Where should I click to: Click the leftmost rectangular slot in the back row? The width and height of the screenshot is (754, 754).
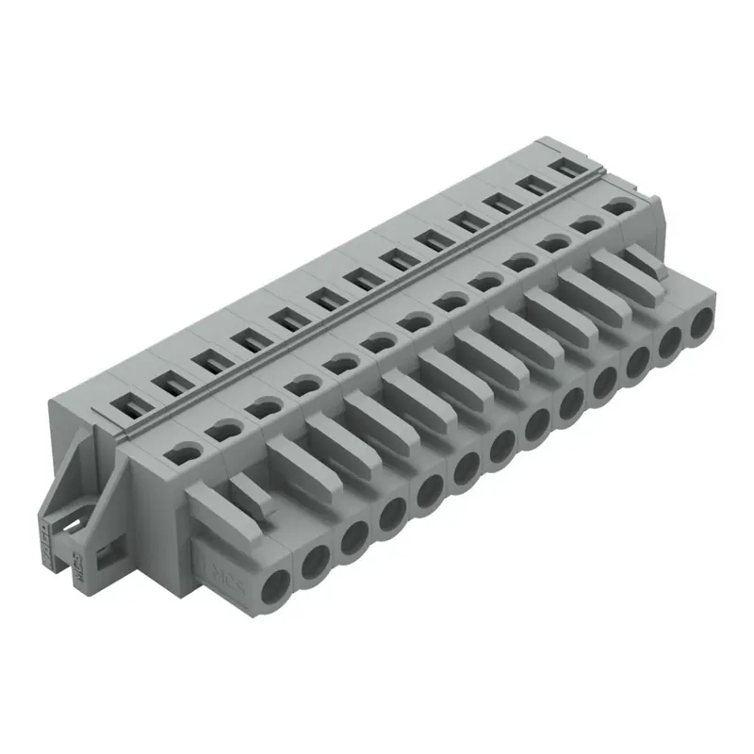(125, 402)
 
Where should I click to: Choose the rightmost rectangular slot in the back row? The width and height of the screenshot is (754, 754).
(566, 167)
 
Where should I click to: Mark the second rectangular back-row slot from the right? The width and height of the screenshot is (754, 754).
(532, 185)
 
